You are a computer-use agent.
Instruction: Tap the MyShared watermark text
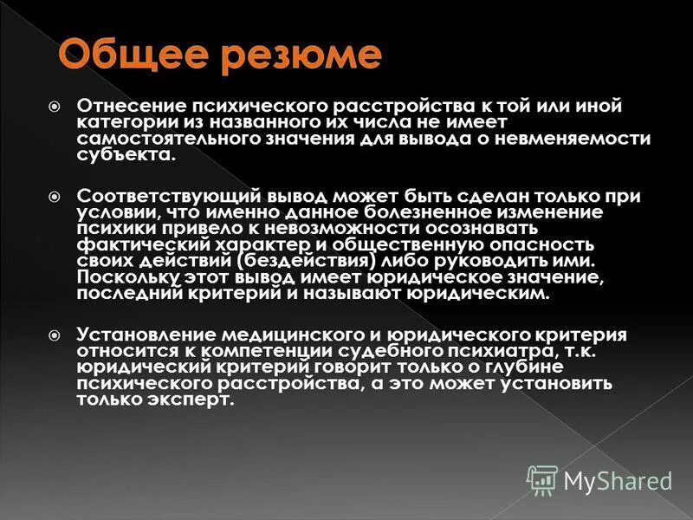coord(618,479)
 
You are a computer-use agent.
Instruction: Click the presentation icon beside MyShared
coord(542,479)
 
